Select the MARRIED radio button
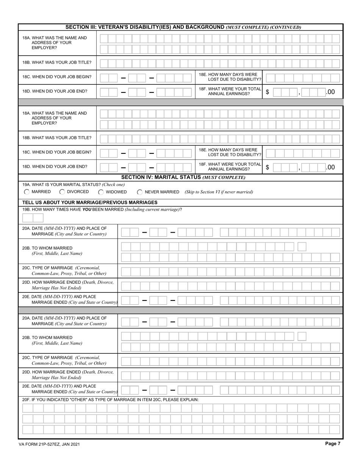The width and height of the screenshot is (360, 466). (27, 192)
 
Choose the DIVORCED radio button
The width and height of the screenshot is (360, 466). (63, 192)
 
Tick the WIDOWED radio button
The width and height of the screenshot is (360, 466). (101, 192)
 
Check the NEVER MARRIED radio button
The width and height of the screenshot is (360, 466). (140, 192)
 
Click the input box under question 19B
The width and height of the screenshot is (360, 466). (33, 218)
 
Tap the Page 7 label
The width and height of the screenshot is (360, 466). (333, 444)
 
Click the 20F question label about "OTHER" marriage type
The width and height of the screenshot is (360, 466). (110, 400)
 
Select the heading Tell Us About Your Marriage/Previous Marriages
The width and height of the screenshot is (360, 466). (90, 202)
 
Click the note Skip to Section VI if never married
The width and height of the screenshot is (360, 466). (219, 192)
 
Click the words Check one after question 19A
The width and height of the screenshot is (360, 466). (113, 185)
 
